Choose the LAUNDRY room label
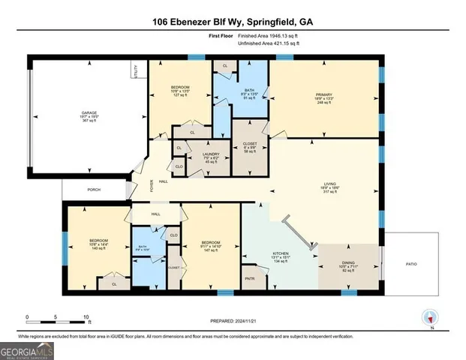200,153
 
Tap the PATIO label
408,264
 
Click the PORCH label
94,190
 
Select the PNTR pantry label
250,277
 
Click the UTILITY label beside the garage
136,72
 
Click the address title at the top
233,22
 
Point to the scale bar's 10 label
86,317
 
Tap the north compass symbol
430,317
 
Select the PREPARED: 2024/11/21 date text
232,319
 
